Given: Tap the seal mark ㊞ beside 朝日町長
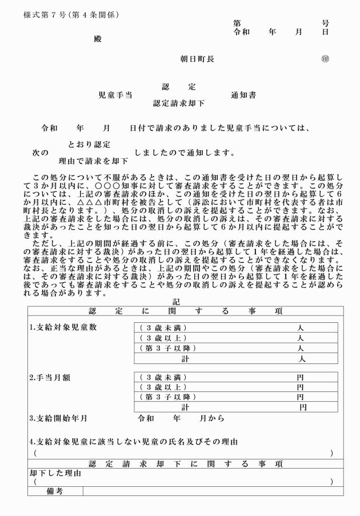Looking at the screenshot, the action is [x=326, y=59].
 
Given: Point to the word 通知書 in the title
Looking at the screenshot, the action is [x=243, y=95].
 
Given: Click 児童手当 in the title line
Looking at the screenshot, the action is [x=115, y=95].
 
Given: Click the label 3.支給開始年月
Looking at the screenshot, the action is [x=58, y=418].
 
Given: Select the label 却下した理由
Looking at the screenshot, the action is [x=55, y=473].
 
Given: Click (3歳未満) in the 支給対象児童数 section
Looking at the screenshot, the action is [x=163, y=328].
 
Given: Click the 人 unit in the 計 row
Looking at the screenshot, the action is [x=302, y=358].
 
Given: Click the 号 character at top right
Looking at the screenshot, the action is [x=325, y=23].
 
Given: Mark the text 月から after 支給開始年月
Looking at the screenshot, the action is [x=211, y=418].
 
